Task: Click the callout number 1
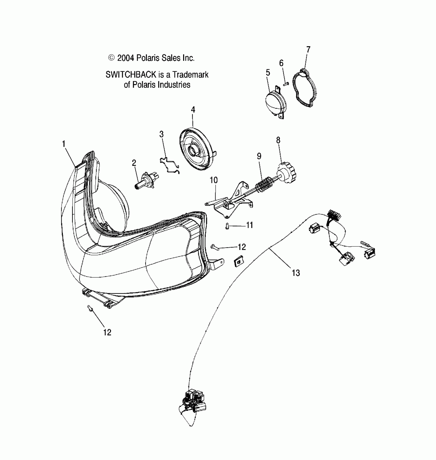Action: coord(64,144)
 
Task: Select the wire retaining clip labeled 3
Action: coord(170,165)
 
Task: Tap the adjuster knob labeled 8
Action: coord(288,173)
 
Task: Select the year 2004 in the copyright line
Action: coord(126,58)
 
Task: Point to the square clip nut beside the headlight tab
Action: coord(238,262)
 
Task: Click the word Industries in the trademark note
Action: coord(174,85)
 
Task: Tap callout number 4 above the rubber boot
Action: coord(193,110)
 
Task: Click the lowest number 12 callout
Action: coord(107,332)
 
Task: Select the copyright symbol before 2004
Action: coord(111,58)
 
